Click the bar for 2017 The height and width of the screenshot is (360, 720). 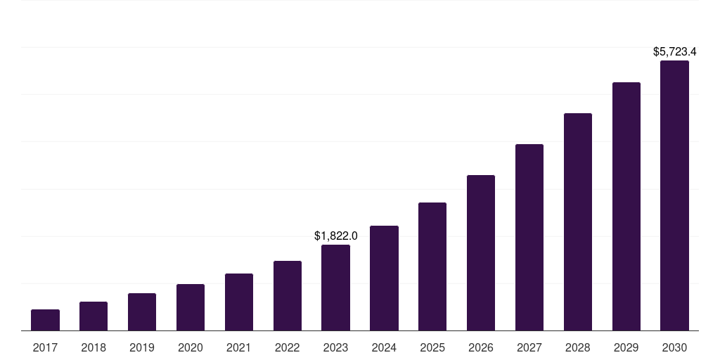45,320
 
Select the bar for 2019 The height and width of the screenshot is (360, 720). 142,311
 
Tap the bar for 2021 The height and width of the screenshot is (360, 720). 239,302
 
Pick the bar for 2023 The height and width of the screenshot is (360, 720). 335,288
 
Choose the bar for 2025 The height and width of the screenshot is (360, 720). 432,266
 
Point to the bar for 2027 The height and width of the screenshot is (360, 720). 529,237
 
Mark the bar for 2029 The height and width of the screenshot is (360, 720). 626,206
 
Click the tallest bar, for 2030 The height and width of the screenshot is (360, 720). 674,195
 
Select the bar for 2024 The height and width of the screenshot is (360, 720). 384,278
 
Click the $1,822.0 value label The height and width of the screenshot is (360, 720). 335,236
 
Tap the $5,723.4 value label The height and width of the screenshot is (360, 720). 674,52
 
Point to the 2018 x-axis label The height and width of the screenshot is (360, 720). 94,347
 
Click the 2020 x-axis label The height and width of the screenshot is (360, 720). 191,347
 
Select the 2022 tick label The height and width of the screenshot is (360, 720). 287,347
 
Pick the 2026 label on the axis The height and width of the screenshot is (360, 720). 481,347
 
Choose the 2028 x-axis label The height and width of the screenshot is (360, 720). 578,347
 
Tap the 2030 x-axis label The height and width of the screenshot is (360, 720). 674,347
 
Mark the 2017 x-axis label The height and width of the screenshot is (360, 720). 45,347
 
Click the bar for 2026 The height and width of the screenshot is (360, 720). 481,252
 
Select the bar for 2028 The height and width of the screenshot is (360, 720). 578,221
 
